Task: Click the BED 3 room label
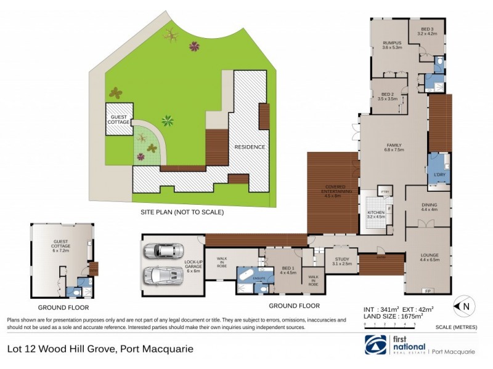[428, 31]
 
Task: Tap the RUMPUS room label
[391, 45]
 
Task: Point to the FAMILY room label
[393, 146]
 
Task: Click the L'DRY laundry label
[439, 174]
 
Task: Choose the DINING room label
[429, 207]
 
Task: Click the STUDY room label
[343, 261]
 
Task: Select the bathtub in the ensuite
[246, 274]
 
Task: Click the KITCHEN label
[375, 215]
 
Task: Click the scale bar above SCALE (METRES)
[389, 322]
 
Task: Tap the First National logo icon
[375, 345]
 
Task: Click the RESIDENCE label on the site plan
[249, 147]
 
